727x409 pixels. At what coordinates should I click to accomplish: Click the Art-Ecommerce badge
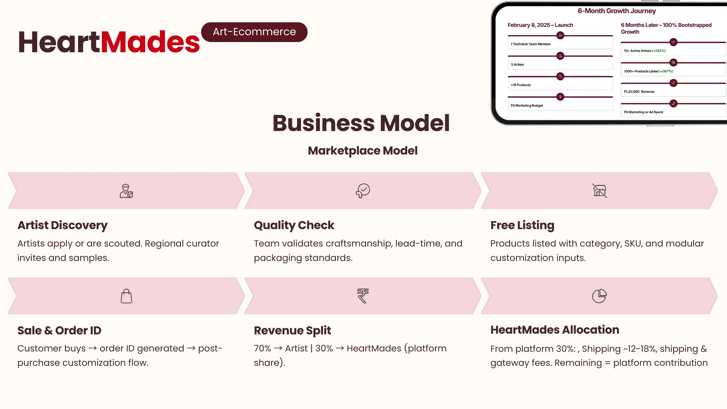click(x=254, y=32)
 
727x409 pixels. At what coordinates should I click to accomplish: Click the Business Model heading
click(x=361, y=123)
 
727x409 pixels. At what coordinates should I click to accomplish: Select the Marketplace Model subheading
click(x=363, y=151)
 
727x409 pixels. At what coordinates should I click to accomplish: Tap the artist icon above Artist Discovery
click(x=126, y=191)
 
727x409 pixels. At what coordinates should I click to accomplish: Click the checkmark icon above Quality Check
click(x=363, y=190)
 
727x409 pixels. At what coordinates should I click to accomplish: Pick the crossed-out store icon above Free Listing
click(x=599, y=190)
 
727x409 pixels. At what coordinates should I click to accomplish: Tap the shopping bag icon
click(x=126, y=296)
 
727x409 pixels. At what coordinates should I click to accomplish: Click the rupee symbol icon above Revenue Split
click(x=363, y=296)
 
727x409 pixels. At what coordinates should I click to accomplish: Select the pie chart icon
click(x=599, y=296)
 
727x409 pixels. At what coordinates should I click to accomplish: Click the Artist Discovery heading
click(x=62, y=225)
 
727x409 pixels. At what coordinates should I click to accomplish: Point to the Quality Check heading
click(x=294, y=225)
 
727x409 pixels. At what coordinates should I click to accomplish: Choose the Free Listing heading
click(x=522, y=225)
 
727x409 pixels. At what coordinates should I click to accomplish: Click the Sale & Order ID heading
click(x=59, y=330)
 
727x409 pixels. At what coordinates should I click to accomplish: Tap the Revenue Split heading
click(x=292, y=331)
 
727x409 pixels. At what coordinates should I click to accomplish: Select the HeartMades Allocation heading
click(x=555, y=330)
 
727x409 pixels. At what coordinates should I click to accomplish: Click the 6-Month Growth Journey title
click(x=617, y=11)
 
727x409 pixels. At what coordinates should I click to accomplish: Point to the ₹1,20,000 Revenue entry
click(x=639, y=92)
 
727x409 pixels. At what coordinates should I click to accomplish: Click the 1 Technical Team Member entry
click(x=531, y=44)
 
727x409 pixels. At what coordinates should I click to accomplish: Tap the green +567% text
click(x=666, y=71)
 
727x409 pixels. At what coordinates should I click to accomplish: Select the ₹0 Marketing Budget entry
click(x=527, y=105)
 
